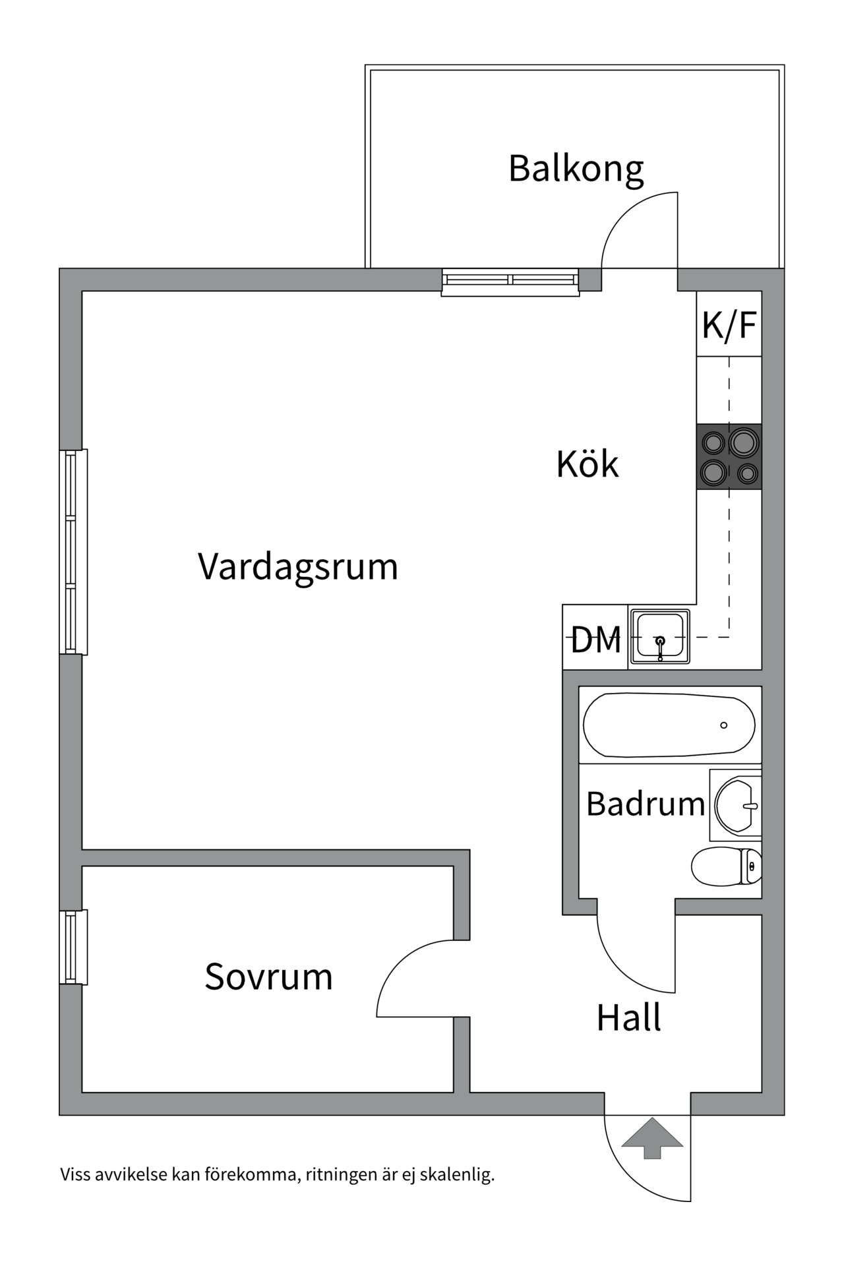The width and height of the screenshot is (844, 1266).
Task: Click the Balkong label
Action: [x=576, y=169]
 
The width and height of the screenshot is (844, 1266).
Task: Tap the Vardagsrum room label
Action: [x=298, y=566]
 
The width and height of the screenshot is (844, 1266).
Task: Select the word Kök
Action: [x=587, y=464]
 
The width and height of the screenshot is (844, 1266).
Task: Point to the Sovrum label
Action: [x=268, y=977]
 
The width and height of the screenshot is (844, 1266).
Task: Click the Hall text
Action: [x=628, y=1018]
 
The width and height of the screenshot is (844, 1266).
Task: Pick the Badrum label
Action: [x=645, y=804]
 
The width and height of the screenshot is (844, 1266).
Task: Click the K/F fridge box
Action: [x=729, y=324]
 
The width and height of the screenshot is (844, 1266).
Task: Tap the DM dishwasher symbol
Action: [x=595, y=638]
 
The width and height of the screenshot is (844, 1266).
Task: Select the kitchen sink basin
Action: [x=660, y=636]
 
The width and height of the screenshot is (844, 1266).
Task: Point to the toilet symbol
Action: [x=725, y=866]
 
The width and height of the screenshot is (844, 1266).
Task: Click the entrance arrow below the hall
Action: [x=651, y=1138]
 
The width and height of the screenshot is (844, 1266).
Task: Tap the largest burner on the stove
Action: [x=743, y=442]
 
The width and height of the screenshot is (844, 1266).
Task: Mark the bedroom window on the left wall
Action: [x=73, y=948]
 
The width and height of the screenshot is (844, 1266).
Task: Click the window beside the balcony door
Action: [x=510, y=282]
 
